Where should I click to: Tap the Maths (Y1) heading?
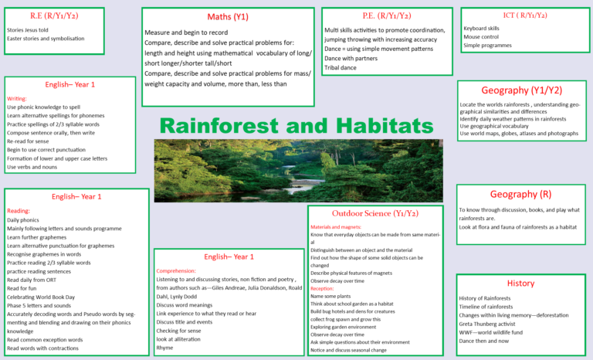click(x=228, y=17)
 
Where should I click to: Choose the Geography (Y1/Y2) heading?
click(x=521, y=90)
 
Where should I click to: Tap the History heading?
click(x=520, y=284)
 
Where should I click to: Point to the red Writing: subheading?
click(x=17, y=99)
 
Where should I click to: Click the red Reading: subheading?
click(x=19, y=211)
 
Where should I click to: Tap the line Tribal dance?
click(x=341, y=67)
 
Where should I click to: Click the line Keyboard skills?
click(x=481, y=28)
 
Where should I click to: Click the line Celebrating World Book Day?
click(x=41, y=297)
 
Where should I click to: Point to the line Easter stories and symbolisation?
click(x=46, y=39)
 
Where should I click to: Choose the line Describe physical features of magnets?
click(x=351, y=273)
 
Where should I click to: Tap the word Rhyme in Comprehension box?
click(x=164, y=348)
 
